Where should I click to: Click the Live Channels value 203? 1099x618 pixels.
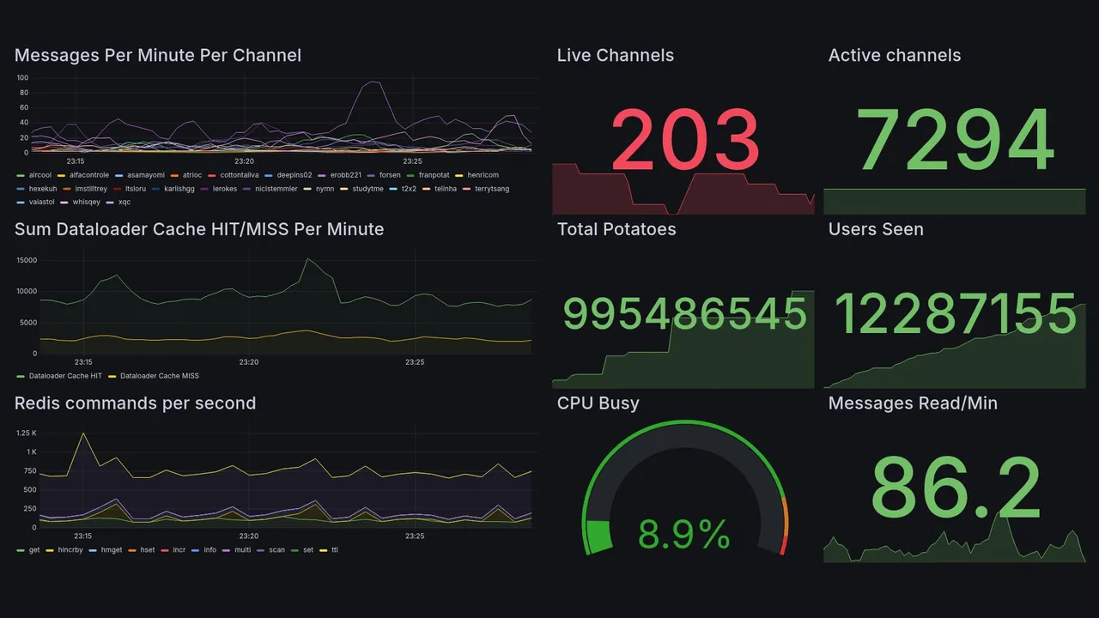(x=685, y=140)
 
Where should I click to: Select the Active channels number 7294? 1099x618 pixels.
(x=955, y=140)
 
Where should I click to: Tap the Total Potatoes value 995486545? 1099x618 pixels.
(x=684, y=314)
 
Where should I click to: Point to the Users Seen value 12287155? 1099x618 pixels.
(x=955, y=314)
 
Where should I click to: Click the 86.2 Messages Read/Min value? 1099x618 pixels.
(x=955, y=488)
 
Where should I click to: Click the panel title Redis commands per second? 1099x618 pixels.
(x=135, y=403)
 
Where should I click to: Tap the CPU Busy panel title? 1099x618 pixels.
(x=598, y=403)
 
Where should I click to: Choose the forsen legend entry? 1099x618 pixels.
(x=389, y=175)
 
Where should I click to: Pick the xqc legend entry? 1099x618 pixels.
(x=124, y=203)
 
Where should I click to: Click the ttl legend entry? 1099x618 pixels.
(x=334, y=550)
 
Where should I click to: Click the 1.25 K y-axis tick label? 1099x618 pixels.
(x=26, y=433)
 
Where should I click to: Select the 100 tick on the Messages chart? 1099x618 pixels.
(x=22, y=78)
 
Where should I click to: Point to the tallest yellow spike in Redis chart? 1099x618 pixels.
(x=83, y=433)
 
